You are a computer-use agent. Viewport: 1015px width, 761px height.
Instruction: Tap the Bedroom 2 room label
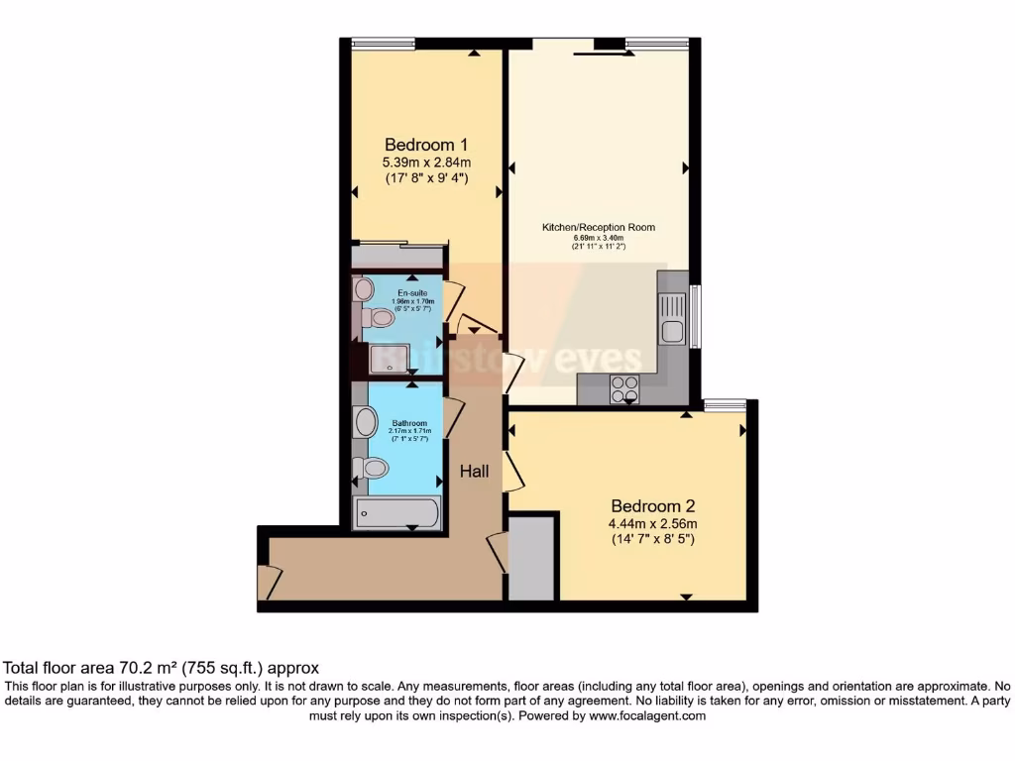click(653, 505)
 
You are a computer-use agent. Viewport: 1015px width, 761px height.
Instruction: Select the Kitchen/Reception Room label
click(598, 227)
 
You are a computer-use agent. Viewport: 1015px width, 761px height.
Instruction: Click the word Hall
click(474, 473)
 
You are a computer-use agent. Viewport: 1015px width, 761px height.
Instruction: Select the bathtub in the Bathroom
click(397, 513)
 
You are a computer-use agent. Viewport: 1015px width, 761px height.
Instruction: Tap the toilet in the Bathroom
click(374, 467)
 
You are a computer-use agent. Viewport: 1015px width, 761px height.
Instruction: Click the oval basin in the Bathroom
click(366, 423)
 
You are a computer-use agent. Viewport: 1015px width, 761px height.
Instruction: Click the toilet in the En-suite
click(376, 318)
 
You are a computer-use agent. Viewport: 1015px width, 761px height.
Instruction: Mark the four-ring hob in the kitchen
click(624, 388)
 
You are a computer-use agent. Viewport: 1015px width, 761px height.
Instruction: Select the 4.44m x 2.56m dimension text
click(653, 524)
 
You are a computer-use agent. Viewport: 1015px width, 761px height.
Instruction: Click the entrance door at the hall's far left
click(269, 582)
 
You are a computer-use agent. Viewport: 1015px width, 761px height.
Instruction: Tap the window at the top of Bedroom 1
click(383, 43)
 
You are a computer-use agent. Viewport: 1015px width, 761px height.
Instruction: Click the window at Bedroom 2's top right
click(725, 403)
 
